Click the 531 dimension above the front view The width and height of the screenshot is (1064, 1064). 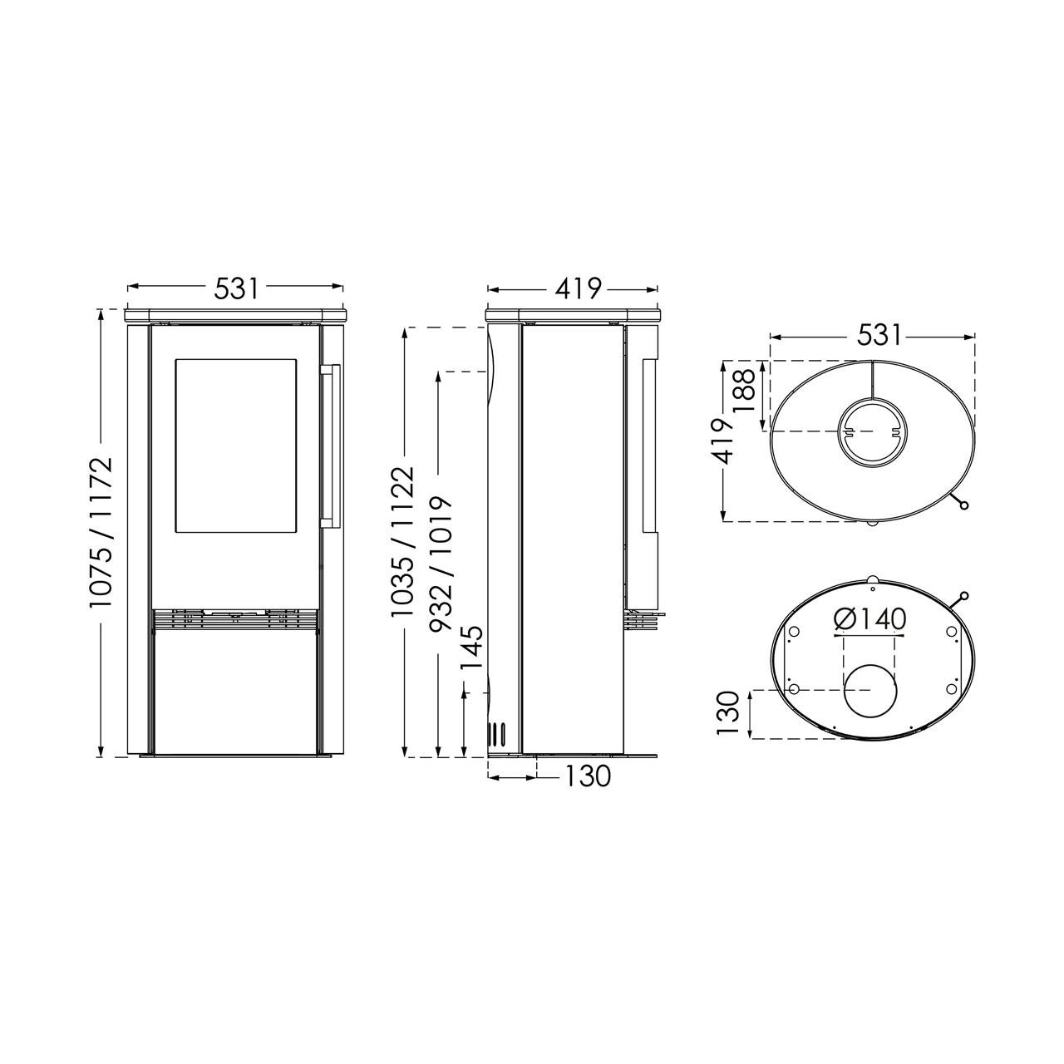(236, 288)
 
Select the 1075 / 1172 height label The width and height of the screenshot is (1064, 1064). (101, 532)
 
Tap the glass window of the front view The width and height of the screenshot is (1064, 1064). (236, 445)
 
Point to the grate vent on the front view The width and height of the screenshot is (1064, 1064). (235, 620)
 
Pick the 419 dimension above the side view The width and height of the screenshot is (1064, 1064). (578, 288)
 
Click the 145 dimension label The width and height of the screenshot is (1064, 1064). (472, 648)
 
